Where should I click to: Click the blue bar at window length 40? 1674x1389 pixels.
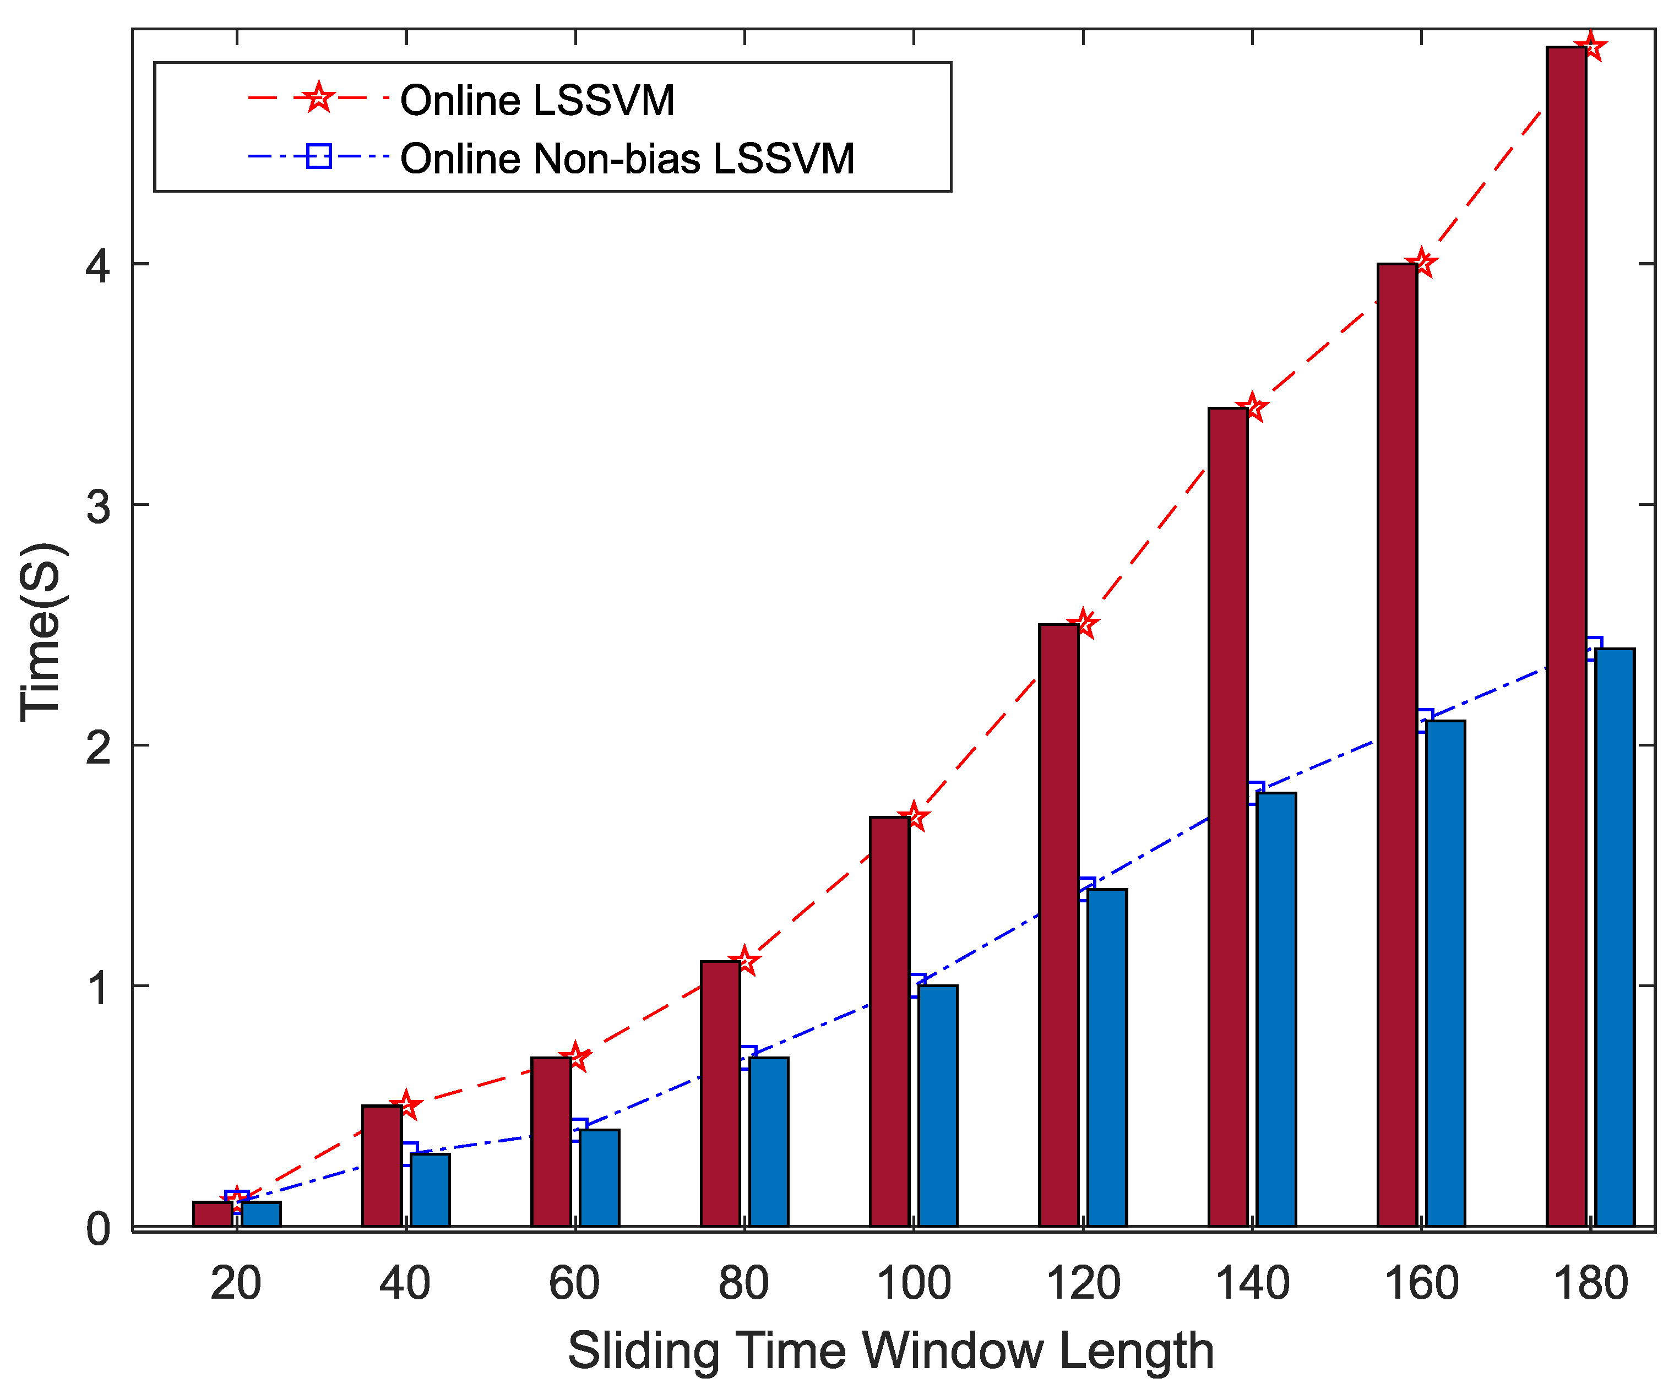430,1191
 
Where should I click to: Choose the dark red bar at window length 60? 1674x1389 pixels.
551,1143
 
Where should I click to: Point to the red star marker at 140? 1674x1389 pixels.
1252,408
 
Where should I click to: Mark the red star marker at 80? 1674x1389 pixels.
744,961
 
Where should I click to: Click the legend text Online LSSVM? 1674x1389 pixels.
536,100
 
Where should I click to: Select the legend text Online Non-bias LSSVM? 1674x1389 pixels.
627,159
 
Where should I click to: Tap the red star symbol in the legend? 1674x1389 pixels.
318,97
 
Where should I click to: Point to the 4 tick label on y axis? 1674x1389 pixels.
98,265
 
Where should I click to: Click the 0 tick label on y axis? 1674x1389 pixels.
98,1229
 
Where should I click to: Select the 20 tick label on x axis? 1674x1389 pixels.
236,1284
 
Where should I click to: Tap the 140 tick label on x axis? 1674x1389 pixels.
1252,1284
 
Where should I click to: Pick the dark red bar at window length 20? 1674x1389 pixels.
212,1214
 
